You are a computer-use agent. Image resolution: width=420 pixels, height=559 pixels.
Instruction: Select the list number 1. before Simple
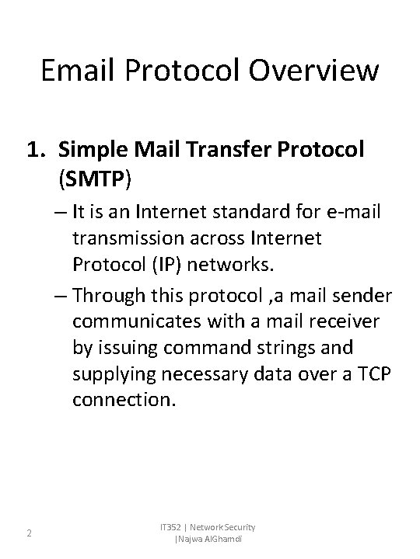[x=37, y=150]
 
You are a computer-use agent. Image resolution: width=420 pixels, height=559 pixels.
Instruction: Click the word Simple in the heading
[x=92, y=150]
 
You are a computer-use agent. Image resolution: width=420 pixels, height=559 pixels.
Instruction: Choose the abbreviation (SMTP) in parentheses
[x=96, y=179]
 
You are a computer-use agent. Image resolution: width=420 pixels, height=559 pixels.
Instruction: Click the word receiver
[x=315, y=321]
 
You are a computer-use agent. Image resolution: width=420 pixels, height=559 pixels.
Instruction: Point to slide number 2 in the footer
[x=29, y=533]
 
